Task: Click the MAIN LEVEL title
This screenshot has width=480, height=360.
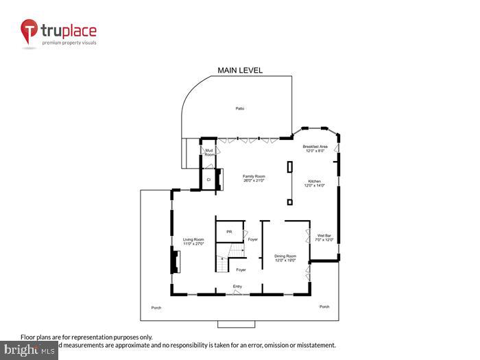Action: pos(240,70)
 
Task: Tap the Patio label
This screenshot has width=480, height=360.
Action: pos(240,108)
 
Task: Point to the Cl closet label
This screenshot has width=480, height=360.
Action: pos(208,179)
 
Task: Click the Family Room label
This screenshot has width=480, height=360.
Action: pos(254,178)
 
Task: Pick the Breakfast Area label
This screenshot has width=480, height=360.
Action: pos(315,149)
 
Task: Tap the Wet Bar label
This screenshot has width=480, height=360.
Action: pos(324,238)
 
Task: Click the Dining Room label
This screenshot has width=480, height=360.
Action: pos(285,258)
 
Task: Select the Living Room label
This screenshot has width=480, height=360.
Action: pos(193,241)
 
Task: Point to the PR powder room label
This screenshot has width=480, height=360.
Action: pos(229,232)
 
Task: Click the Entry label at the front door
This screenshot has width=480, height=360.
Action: pos(237,286)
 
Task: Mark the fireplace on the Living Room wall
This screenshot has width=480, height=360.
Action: pos(176,262)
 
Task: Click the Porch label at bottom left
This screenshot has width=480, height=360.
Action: pos(156,307)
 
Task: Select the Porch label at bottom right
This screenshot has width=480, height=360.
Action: pos(324,307)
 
